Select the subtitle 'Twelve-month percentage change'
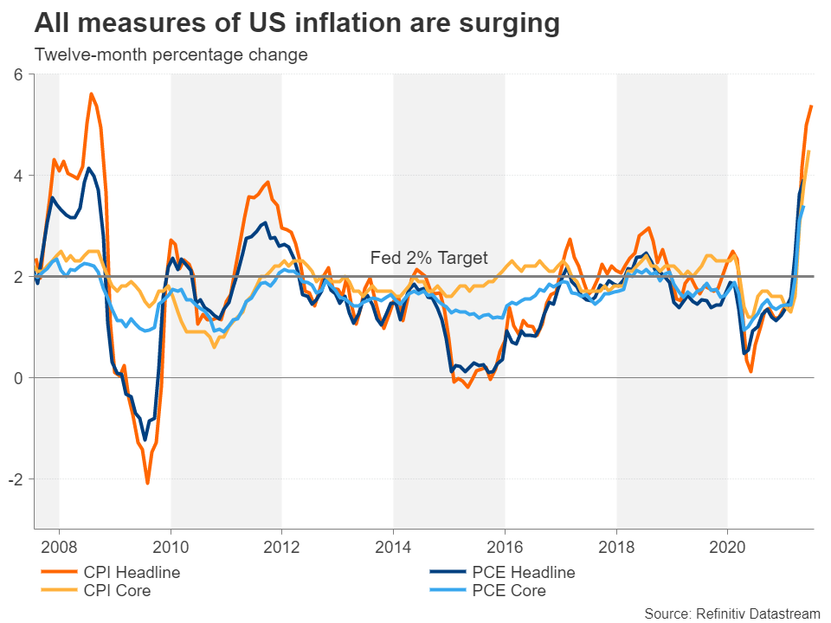point(171,55)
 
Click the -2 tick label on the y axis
point(15,478)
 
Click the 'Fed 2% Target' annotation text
point(429,258)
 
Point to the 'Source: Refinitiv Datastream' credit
point(731,613)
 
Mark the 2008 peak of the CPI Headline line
point(91,93)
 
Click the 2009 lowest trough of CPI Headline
point(147,483)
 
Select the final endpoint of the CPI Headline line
point(811,106)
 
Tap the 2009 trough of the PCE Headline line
point(144,440)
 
